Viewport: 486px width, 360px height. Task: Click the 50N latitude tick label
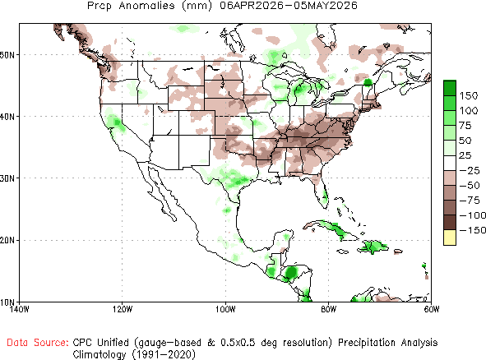click(x=7, y=55)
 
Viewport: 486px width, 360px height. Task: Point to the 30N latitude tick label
click(x=7, y=178)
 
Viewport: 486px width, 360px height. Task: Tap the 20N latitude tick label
click(x=7, y=241)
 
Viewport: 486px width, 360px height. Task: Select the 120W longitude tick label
click(x=123, y=309)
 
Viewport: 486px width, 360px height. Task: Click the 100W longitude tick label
click(x=225, y=309)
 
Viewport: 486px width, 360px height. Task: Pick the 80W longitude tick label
click(x=329, y=309)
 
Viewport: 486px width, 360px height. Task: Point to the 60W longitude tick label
click(x=432, y=309)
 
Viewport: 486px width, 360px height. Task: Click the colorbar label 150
click(x=469, y=95)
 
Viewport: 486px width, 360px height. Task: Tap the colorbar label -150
click(x=472, y=230)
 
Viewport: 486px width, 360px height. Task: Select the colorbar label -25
click(x=470, y=170)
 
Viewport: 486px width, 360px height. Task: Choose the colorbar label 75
click(x=465, y=126)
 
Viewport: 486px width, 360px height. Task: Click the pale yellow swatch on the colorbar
click(x=450, y=238)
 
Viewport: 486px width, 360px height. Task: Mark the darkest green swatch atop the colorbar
click(x=450, y=88)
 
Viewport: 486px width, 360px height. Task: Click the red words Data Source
click(x=38, y=343)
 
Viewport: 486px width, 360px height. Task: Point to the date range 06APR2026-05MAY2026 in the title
click(x=289, y=5)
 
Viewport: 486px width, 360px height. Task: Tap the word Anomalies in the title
click(x=146, y=5)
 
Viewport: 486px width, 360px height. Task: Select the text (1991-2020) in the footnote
click(x=164, y=354)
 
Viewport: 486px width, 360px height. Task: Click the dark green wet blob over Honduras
click(x=291, y=273)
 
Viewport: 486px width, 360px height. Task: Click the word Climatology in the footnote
click(x=100, y=354)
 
